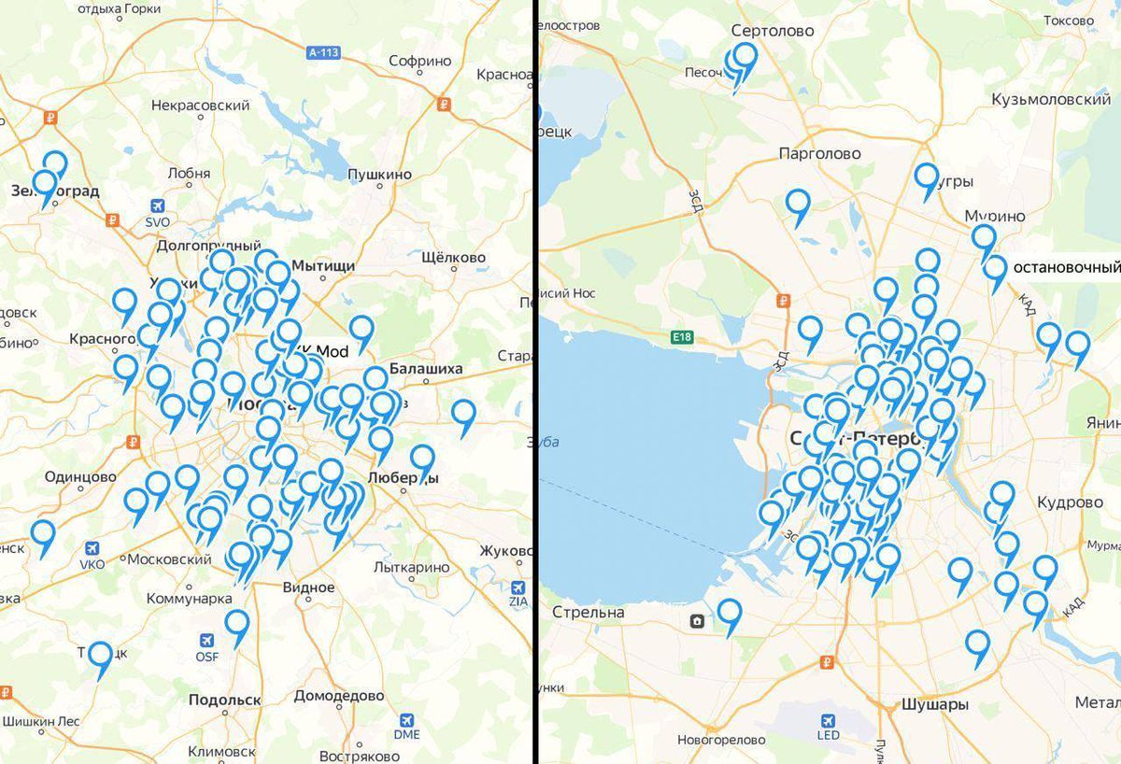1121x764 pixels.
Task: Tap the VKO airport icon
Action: coord(92,548)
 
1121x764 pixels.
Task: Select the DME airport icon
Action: coord(406,719)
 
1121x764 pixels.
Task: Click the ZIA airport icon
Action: coord(518,587)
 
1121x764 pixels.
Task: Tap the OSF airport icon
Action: coord(206,641)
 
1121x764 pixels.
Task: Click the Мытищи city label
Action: coord(323,266)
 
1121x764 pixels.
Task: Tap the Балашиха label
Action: coord(426,369)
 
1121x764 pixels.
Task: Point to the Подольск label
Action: coord(224,700)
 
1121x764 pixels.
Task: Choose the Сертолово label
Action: coord(773,31)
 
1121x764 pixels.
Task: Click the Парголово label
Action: coord(819,153)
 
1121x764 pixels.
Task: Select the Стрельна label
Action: coord(588,613)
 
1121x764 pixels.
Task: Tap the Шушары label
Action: coord(934,705)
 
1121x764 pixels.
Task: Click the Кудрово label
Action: coord(1070,502)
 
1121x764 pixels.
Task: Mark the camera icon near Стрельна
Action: coord(697,621)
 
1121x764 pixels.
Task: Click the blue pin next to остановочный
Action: coord(995,270)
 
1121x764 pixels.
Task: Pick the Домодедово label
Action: coord(338,696)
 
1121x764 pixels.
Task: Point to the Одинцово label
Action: coord(80,476)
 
